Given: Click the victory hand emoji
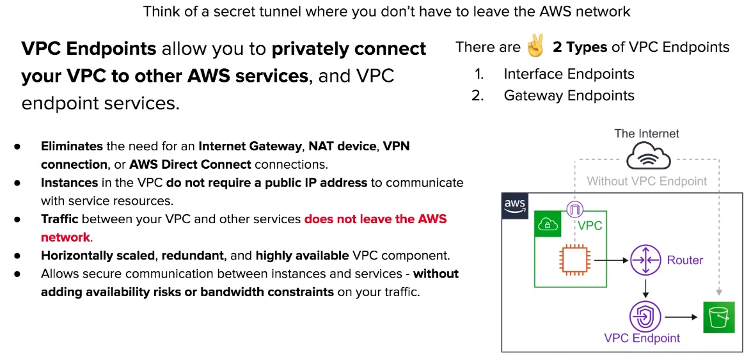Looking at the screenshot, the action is click(x=536, y=47).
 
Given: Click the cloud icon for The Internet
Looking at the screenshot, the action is click(x=647, y=156).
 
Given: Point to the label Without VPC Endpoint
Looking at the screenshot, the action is click(x=647, y=182).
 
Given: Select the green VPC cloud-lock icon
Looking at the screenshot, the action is click(x=548, y=224).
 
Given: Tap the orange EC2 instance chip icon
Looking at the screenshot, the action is click(x=574, y=260).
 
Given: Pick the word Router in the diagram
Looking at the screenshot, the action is click(x=685, y=260).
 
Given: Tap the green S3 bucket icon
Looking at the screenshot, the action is click(x=716, y=317).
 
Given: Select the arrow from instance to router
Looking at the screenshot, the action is click(x=611, y=260).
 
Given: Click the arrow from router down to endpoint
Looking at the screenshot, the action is click(x=646, y=288).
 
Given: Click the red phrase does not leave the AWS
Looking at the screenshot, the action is click(x=375, y=219).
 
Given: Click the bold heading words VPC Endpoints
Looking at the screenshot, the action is click(x=89, y=49).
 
